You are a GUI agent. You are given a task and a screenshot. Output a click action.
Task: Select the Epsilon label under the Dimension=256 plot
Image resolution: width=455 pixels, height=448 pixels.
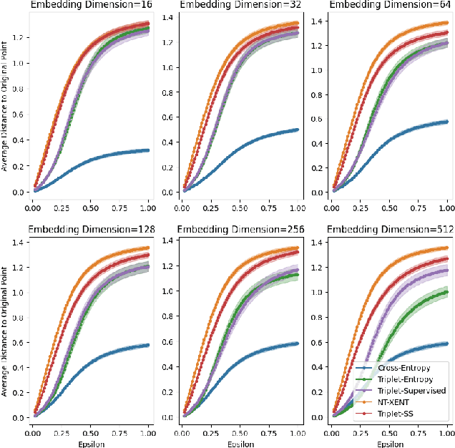coord(238,443)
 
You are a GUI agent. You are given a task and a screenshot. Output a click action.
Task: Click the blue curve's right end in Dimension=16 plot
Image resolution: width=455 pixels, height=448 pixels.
coord(147,150)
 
